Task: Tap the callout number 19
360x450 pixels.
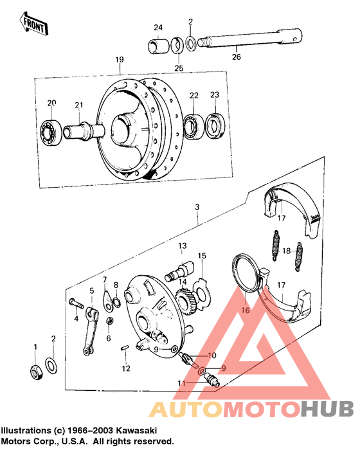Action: coord(119,60)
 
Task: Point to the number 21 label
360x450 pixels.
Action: coord(79,105)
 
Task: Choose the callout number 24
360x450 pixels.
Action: coord(158,27)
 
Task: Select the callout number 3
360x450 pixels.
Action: coord(198,207)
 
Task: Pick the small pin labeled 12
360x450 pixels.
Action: coord(125,349)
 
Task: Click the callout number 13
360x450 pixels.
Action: coord(183,246)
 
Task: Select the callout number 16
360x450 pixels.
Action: coord(244,310)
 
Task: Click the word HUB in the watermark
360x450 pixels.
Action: coord(327,410)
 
